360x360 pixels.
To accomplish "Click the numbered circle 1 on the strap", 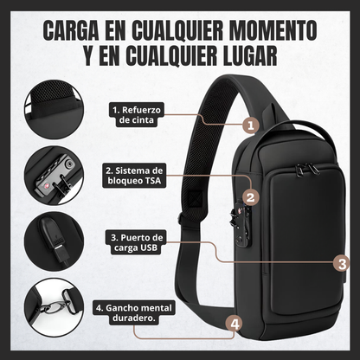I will pos(250,125).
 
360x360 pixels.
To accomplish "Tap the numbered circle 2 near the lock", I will pos(249,197).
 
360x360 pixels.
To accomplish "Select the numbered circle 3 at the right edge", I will pos(342,263).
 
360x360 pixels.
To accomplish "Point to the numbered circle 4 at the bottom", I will pos(232,324).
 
